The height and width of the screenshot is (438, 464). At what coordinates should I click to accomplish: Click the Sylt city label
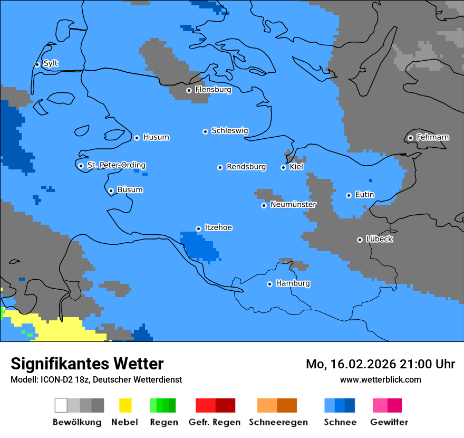[51, 63]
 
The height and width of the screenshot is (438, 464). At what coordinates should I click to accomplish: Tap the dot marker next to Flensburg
[189, 90]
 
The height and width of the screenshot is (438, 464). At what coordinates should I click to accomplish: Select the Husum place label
[156, 137]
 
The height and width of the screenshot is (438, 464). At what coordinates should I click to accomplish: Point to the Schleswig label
[229, 130]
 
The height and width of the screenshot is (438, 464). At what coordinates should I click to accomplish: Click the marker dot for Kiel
[283, 167]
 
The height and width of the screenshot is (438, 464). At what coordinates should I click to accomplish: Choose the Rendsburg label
[246, 167]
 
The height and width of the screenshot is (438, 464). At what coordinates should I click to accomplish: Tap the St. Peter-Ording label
[116, 165]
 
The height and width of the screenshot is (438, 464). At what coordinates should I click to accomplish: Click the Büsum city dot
[111, 191]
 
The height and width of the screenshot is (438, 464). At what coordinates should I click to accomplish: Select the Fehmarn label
[432, 137]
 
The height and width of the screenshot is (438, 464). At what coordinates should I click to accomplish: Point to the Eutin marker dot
[349, 195]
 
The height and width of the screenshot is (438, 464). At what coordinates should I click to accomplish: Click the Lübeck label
[379, 239]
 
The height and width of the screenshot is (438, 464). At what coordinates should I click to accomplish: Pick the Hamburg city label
[293, 283]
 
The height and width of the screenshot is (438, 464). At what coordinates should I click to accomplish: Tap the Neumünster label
[293, 204]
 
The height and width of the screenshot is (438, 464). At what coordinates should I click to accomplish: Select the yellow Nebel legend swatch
[125, 405]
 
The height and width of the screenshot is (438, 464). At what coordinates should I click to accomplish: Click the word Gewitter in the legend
[389, 422]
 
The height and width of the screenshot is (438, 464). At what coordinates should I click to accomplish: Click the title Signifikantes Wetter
[87, 364]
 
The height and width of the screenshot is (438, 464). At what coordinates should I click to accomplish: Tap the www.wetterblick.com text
[380, 379]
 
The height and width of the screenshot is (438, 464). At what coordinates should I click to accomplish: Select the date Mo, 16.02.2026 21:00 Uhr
[380, 364]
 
